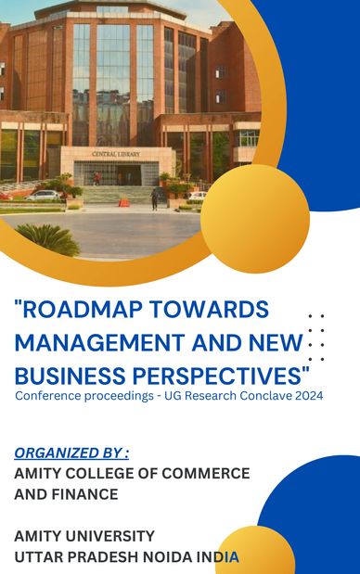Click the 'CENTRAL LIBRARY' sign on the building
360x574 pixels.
pos(116,153)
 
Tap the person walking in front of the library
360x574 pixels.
pos(154,198)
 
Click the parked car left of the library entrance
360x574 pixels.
pos(43,196)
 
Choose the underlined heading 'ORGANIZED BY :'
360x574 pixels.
pos(71,453)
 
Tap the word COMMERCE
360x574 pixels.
pos(202,473)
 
